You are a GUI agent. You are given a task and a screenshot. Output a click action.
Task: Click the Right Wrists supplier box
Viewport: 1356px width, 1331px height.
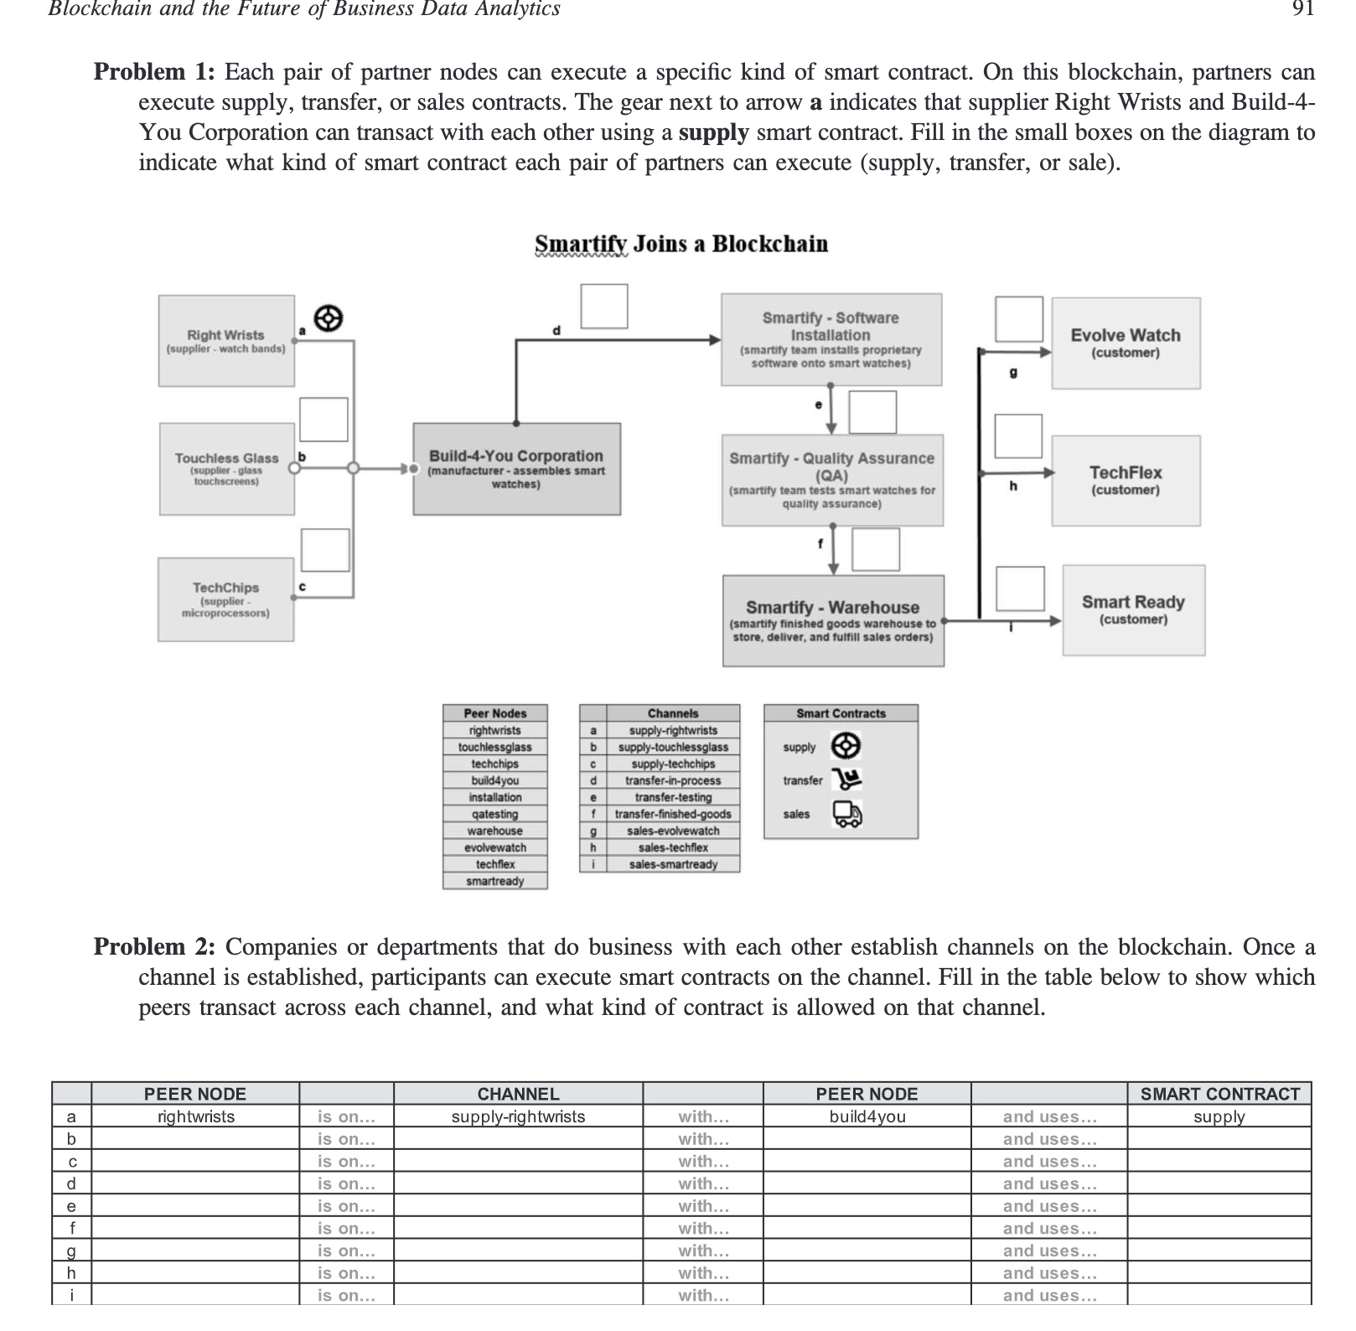tap(226, 341)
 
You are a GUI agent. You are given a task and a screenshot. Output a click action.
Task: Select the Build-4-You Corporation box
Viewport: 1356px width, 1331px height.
tap(516, 469)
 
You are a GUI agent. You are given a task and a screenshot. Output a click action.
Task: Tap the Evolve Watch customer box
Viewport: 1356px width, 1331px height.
tap(1125, 343)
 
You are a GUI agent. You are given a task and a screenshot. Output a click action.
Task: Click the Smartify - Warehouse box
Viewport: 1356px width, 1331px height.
tap(833, 620)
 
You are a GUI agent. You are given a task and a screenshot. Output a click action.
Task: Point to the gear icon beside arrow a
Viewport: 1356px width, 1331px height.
tap(329, 319)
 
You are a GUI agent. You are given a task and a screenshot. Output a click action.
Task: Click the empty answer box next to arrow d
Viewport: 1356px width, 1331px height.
tap(604, 306)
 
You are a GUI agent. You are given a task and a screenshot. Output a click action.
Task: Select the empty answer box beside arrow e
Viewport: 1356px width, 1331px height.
tap(872, 412)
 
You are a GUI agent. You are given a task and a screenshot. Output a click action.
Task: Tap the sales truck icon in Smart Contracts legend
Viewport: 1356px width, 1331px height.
tap(846, 814)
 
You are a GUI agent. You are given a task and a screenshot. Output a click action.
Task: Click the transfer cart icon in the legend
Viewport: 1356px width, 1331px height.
tap(847, 779)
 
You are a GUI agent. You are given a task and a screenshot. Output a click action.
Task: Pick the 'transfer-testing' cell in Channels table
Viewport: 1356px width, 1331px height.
tap(672, 797)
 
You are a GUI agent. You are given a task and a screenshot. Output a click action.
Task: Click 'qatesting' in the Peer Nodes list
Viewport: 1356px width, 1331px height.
tap(494, 814)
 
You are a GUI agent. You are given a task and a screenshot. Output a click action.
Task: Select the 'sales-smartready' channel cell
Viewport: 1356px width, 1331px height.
tap(672, 864)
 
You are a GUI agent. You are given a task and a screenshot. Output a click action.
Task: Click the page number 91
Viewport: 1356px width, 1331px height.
tap(1302, 10)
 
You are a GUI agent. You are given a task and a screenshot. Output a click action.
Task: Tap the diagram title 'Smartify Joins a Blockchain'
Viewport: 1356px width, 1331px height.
tap(681, 244)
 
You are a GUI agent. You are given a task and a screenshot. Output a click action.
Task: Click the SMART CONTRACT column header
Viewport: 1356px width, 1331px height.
tap(1219, 1094)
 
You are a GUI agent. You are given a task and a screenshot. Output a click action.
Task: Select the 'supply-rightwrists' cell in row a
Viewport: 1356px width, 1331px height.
tap(518, 1116)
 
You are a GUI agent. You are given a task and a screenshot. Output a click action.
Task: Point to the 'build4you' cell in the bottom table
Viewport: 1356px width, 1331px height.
tap(867, 1116)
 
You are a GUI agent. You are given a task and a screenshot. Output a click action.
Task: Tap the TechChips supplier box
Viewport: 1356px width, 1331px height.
tap(225, 599)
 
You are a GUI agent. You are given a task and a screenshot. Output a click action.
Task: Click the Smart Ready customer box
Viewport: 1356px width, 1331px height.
tap(1133, 609)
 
